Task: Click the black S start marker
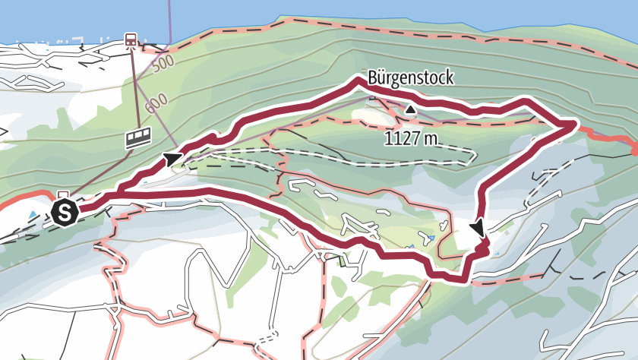coord(65,213)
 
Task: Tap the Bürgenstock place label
coord(410,77)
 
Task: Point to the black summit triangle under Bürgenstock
coord(411,110)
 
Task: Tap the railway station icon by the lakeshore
coord(131,39)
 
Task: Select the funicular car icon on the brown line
coord(138,137)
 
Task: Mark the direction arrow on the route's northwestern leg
coord(173,158)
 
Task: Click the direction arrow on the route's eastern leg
coord(478,227)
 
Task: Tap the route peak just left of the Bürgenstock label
coord(355,81)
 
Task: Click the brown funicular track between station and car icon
coord(135,87)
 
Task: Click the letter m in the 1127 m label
coord(433,139)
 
